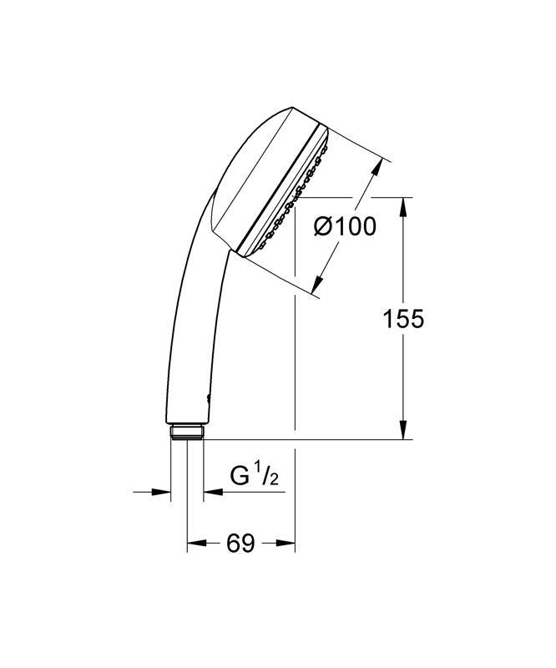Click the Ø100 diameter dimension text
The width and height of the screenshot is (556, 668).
pos(344,226)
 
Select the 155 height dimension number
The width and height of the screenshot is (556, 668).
pos(403,318)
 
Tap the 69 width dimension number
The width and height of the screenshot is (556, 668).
pos(240,544)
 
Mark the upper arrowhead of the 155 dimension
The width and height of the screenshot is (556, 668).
pos(404,205)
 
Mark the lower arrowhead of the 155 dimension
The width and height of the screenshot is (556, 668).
pos(404,432)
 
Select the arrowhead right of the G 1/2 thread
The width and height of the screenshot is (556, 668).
pos(211,492)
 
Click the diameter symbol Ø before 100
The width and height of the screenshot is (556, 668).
pos(324,226)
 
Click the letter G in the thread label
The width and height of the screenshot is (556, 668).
pos(240,477)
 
